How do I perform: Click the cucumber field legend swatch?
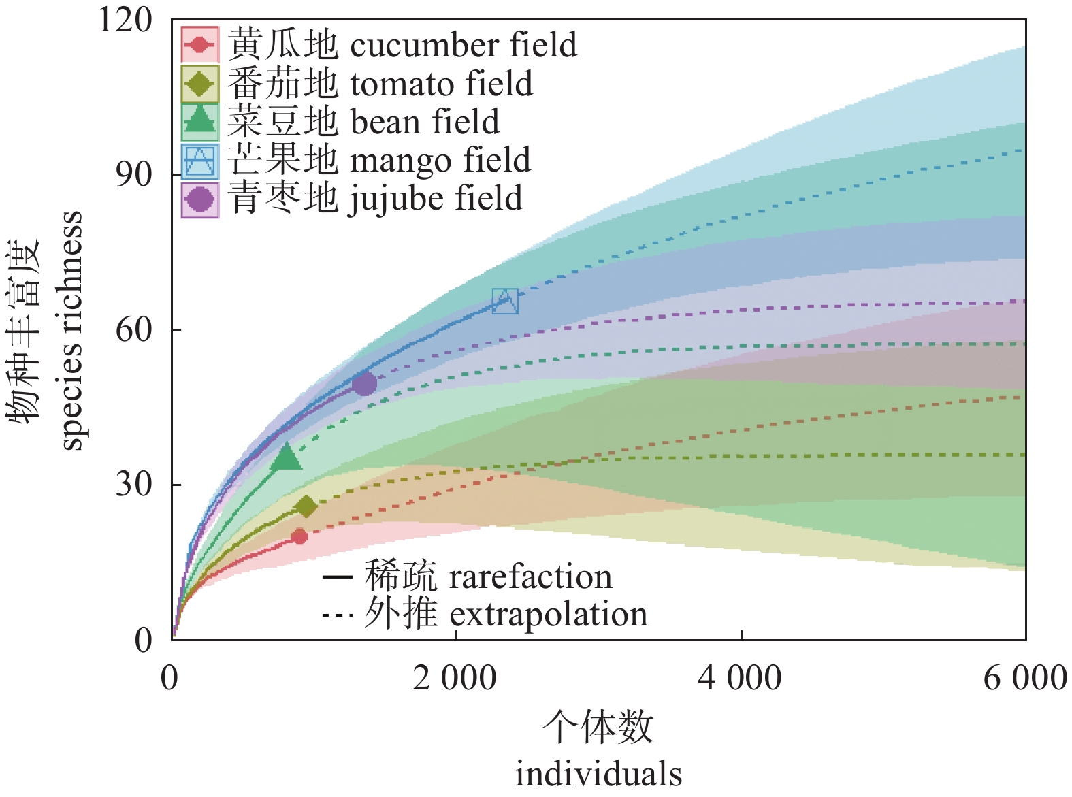200,45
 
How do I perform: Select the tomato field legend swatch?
200,84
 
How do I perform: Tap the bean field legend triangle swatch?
200,121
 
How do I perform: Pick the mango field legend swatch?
200,161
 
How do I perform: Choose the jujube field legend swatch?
200,199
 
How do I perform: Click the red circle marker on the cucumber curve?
299,536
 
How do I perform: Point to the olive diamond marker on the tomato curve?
306,506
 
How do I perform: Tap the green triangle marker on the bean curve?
286,457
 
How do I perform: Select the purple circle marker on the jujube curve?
364,384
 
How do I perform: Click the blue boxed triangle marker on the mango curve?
505,301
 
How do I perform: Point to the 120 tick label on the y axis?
125,20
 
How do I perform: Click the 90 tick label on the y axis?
134,175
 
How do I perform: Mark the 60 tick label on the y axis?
134,329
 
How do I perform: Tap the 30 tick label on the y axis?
134,485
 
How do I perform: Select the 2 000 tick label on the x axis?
455,679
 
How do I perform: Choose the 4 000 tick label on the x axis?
740,679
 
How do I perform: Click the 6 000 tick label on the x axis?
1025,679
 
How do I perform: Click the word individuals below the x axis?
598,775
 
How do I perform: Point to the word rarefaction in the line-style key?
531,577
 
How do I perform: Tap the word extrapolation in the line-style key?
549,615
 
